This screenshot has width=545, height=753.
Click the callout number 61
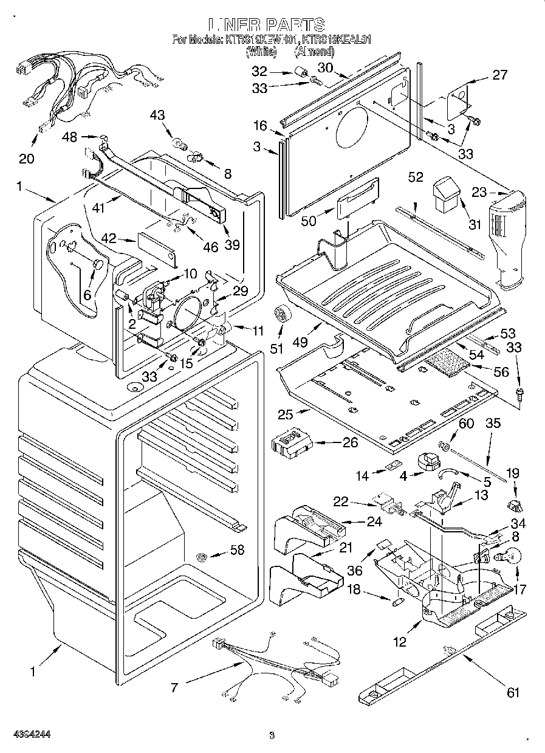pyautogui.click(x=513, y=692)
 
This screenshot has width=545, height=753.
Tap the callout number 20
pyautogui.click(x=27, y=159)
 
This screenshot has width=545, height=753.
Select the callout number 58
pyautogui.click(x=236, y=551)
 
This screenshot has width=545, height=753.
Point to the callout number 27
pyautogui.click(x=499, y=75)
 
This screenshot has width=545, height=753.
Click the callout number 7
pyautogui.click(x=174, y=687)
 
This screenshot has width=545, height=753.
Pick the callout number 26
pyautogui.click(x=350, y=442)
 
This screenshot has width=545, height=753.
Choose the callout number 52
pyautogui.click(x=416, y=177)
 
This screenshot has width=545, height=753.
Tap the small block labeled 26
pyautogui.click(x=292, y=442)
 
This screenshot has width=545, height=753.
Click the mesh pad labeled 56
pyautogui.click(x=448, y=366)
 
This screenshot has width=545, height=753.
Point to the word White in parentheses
pyautogui.click(x=261, y=52)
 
